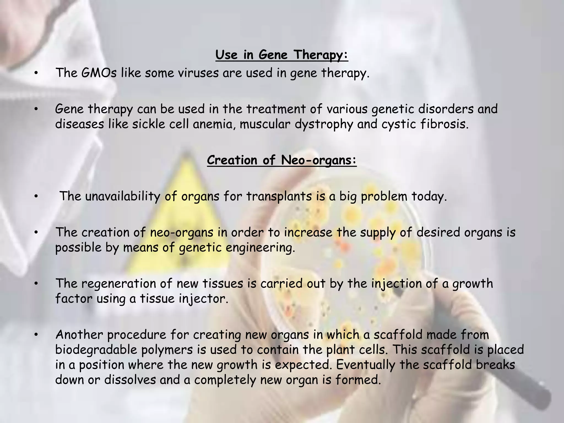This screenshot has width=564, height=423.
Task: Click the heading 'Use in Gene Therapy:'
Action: point(282,55)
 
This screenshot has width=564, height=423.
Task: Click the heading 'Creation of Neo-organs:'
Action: point(282,160)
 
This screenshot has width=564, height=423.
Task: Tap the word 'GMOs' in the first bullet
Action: point(99,73)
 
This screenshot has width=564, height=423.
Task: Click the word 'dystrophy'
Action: point(324,124)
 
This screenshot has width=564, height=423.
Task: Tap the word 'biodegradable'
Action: point(96,350)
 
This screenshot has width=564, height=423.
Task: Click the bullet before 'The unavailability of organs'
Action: point(36,196)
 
